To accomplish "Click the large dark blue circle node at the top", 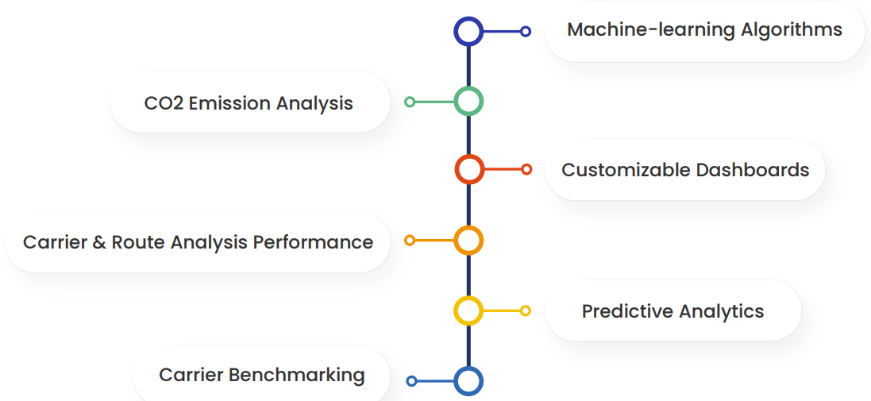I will (x=468, y=32).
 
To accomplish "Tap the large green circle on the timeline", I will (x=468, y=102).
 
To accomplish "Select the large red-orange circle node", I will (x=469, y=169).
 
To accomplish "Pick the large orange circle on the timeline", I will (x=468, y=240).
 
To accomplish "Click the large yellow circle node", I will (x=468, y=310).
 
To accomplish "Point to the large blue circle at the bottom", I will (x=468, y=381).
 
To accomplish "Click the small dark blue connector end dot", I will (x=526, y=32).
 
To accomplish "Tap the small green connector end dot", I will (x=410, y=102).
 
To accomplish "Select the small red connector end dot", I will (x=526, y=169).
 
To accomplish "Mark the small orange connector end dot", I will (x=410, y=240).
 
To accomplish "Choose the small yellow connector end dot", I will (x=526, y=310).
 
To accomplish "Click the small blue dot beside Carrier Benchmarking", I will (x=411, y=381).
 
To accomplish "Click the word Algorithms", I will (x=791, y=30).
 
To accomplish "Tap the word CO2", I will (x=164, y=103).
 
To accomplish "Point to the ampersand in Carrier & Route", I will (x=99, y=242).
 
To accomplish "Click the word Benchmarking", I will (x=305, y=375).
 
